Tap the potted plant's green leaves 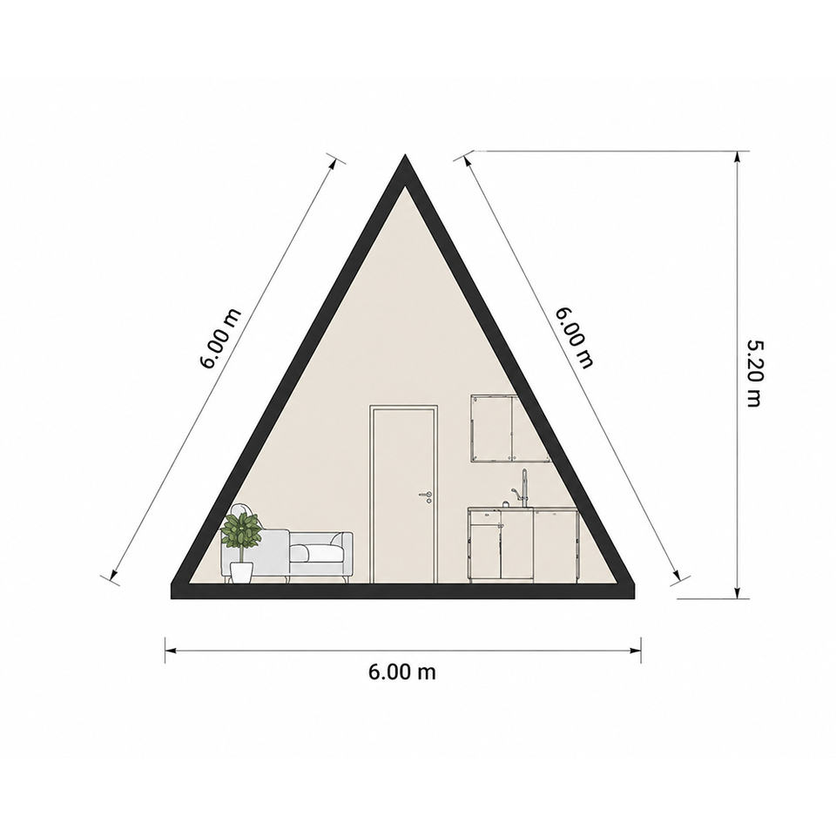tap(241, 530)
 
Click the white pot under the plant tap(241, 572)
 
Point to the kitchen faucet tap(522, 489)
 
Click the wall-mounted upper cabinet tap(509, 428)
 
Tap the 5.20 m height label tap(754, 374)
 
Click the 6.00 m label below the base tap(402, 671)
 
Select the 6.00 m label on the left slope tap(220, 339)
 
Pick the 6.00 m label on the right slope tap(574, 338)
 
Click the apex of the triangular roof tap(405, 155)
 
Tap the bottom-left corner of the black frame tap(172, 598)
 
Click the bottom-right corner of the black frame tap(635, 598)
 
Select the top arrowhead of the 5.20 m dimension tap(738, 156)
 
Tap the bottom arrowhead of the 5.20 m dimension tap(738, 593)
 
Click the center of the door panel tap(403, 496)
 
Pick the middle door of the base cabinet tap(516, 545)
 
